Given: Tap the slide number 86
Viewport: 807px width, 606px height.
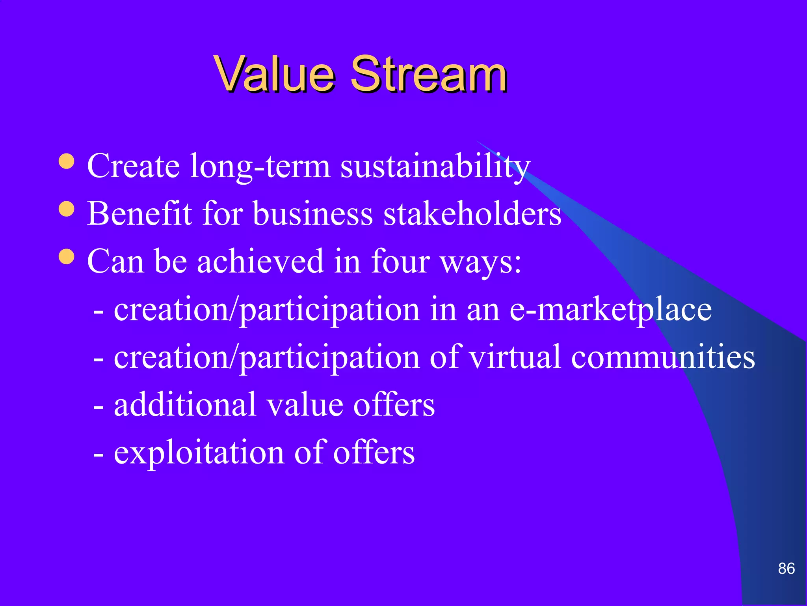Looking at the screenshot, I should (786, 569).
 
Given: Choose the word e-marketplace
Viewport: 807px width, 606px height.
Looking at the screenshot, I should (610, 310).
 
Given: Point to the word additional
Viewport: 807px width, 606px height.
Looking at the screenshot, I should (185, 405).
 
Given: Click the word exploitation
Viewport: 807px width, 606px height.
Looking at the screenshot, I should (199, 453).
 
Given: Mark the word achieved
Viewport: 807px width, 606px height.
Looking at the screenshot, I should (260, 261).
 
